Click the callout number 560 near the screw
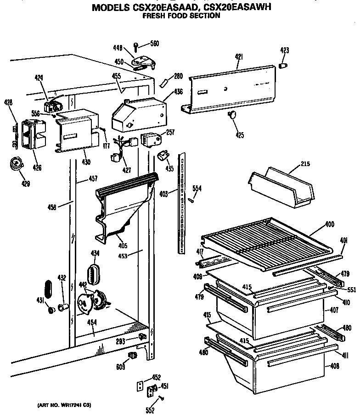(154, 44)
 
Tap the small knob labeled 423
(283, 67)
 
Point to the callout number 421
(239, 57)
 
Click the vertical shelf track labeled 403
(183, 202)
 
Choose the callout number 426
(37, 168)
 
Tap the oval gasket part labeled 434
(94, 274)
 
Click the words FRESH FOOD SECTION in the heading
(181, 15)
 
